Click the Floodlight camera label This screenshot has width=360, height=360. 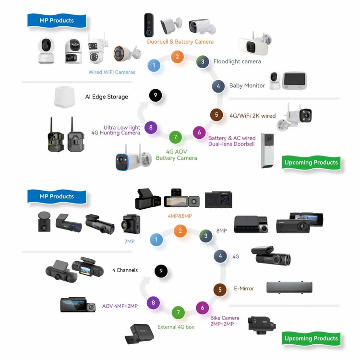point(237,61)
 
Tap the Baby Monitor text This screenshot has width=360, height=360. point(247,85)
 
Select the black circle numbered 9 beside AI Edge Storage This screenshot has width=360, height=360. point(156,96)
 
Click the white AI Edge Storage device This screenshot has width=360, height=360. point(64,97)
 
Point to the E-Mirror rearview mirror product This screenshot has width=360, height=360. point(289,287)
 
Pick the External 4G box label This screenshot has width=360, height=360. point(176,327)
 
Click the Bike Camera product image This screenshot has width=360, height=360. point(262,325)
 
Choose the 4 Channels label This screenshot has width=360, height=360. point(125,270)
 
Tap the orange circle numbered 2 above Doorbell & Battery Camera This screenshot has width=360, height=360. point(177,57)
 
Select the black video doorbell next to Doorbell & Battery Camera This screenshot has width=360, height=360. point(149,25)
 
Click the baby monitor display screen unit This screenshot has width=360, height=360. point(295,81)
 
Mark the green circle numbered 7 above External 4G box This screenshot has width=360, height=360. point(178,312)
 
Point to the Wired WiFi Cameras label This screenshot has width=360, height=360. point(112,72)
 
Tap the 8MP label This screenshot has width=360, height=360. point(222,231)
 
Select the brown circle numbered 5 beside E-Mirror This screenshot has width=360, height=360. point(220,290)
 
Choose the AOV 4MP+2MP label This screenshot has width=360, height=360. point(120,306)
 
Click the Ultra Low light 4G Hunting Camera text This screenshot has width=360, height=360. point(116,130)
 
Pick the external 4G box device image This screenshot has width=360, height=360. point(139,334)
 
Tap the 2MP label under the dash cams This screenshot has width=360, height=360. point(129,241)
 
